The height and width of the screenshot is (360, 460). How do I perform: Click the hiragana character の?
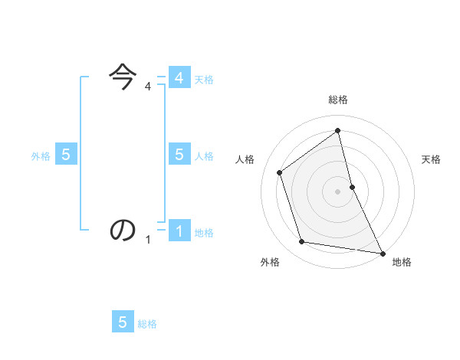123,230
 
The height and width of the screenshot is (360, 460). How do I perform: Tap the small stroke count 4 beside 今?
148,87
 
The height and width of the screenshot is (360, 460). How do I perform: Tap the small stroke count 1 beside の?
148,240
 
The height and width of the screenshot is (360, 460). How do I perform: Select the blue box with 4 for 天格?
179,78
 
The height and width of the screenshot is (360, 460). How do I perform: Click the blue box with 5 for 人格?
179,155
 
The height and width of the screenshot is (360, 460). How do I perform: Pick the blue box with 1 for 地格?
179,231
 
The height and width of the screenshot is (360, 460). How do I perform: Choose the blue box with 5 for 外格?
65,155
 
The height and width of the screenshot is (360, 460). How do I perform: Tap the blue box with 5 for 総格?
123,322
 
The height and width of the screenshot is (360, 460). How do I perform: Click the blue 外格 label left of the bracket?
41,155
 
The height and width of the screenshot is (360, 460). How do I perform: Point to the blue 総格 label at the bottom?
147,324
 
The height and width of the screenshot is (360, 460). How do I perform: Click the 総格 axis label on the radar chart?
338,100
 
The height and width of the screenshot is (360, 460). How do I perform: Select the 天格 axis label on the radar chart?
432,159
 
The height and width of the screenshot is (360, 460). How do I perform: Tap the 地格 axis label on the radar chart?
402,262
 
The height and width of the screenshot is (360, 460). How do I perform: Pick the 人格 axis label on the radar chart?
245,159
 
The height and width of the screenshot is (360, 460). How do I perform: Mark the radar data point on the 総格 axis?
338,130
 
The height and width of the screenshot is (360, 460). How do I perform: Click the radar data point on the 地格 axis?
382,252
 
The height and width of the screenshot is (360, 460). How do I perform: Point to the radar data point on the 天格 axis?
352,187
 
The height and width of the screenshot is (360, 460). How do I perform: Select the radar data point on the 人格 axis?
280,172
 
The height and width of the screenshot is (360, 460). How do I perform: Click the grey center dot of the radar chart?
338,191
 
